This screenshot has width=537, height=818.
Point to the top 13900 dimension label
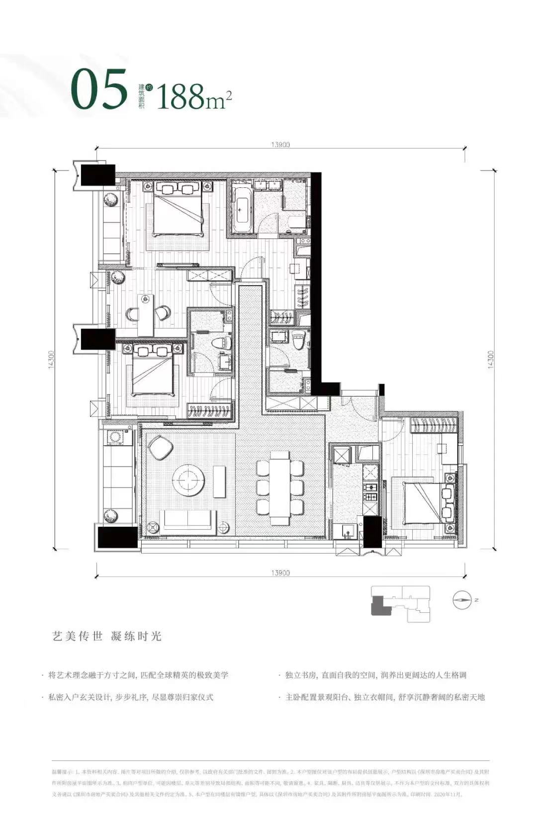click(x=280, y=145)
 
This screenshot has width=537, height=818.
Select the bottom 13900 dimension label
click(x=280, y=573)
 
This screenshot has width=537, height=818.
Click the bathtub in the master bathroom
click(x=242, y=209)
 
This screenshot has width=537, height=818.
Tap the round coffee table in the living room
click(x=189, y=480)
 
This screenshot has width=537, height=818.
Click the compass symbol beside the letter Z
click(x=462, y=600)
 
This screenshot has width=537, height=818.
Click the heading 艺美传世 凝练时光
click(x=107, y=636)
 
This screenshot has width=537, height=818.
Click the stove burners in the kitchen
click(x=370, y=490)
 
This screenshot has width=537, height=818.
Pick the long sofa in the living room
click(x=188, y=520)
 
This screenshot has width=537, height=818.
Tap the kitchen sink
click(x=348, y=531)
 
